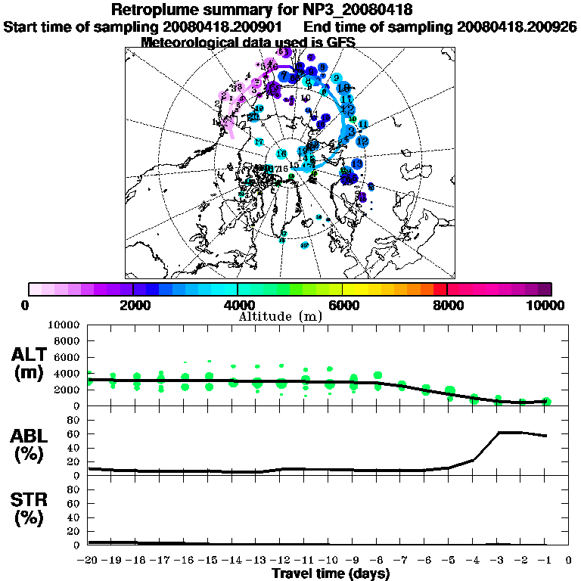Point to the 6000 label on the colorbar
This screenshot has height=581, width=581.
pyautogui.click(x=342, y=305)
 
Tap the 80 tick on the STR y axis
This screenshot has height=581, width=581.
pyautogui.click(x=74, y=489)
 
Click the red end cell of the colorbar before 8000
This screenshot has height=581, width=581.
pyautogui.click(x=440, y=289)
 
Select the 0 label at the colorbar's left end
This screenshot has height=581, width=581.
pyautogui.click(x=26, y=305)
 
